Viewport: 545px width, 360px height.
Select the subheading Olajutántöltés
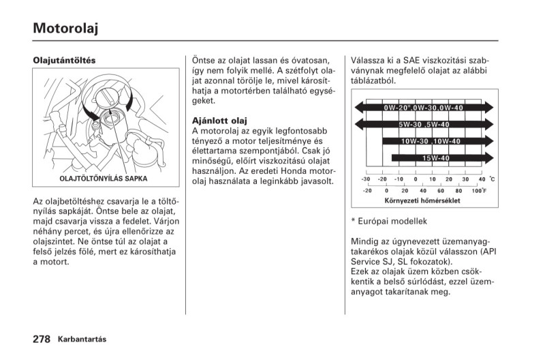(x=65, y=60)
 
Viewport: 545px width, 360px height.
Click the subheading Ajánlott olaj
(x=219, y=121)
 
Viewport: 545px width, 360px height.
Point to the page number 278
(x=42, y=339)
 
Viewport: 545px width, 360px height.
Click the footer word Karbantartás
(x=82, y=340)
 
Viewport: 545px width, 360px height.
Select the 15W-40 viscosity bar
(x=436, y=158)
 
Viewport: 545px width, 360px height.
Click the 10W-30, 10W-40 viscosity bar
(x=431, y=141)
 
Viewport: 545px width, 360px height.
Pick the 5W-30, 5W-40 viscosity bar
(x=424, y=125)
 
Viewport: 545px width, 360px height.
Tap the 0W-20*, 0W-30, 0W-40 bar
(x=423, y=108)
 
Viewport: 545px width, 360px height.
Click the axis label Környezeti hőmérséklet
(x=422, y=201)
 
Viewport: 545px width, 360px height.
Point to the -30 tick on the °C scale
(x=366, y=179)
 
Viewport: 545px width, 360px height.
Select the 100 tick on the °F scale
(x=478, y=191)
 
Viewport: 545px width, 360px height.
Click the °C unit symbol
(x=492, y=179)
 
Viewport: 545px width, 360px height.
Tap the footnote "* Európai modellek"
(x=388, y=221)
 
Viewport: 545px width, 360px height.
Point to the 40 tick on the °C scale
(x=482, y=179)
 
